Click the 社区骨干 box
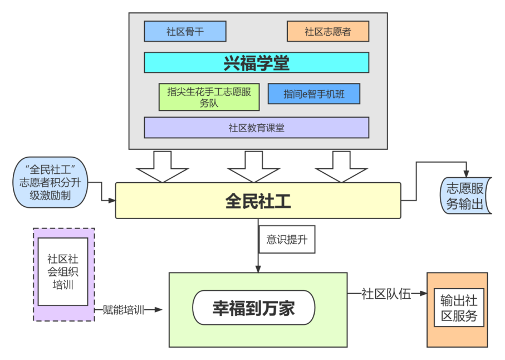coord(185,31)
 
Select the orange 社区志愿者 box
coord(328,31)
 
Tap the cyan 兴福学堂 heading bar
coord(256,62)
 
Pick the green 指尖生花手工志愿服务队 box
coord(209,97)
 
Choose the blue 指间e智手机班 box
coord(313,94)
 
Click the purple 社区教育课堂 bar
coord(256,128)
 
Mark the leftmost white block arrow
coord(163,166)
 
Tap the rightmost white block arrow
coord(341,166)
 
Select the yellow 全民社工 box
coord(258,201)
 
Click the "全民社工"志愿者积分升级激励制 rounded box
coord(51,182)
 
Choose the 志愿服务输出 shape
coord(465,196)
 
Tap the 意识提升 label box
coord(287,240)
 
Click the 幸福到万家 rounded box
coord(253,308)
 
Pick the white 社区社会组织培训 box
coord(63,271)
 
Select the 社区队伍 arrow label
coord(386,294)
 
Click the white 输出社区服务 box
coord(459,308)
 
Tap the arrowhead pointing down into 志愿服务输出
coord(466,172)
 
